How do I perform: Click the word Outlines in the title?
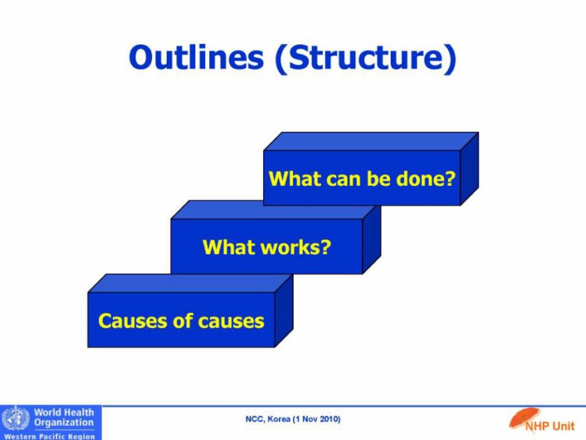tap(196, 57)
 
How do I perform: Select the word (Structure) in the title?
tap(366, 59)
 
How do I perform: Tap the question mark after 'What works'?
tap(326, 247)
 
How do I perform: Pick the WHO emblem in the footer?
tap(15, 418)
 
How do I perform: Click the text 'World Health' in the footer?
tap(64, 412)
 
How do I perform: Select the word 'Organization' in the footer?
tap(64, 423)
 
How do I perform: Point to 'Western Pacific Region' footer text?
tap(50, 436)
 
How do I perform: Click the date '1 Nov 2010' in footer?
tap(317, 419)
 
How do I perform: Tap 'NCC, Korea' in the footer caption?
tap(268, 419)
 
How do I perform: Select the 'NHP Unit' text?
tap(550, 426)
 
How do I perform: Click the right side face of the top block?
tap(469, 169)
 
